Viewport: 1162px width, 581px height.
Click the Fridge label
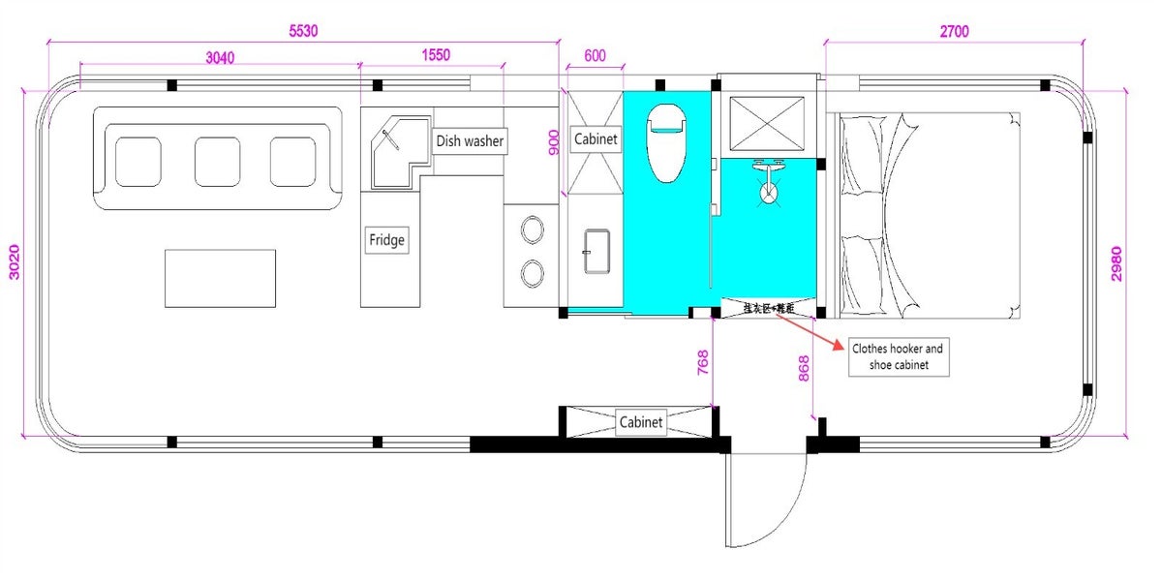click(386, 240)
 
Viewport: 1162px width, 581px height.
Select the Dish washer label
click(470, 141)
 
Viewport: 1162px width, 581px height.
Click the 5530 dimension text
click(303, 31)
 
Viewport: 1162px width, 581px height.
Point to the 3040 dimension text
click(220, 57)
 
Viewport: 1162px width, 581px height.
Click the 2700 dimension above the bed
click(953, 31)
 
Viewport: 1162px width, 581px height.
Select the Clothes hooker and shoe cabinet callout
click(896, 356)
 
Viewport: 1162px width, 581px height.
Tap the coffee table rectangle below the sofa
click(220, 278)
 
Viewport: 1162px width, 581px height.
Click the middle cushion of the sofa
click(217, 162)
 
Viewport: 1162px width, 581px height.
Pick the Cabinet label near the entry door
click(641, 422)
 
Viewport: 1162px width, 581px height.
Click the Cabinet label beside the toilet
click(596, 139)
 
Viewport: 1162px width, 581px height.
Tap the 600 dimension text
click(595, 57)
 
